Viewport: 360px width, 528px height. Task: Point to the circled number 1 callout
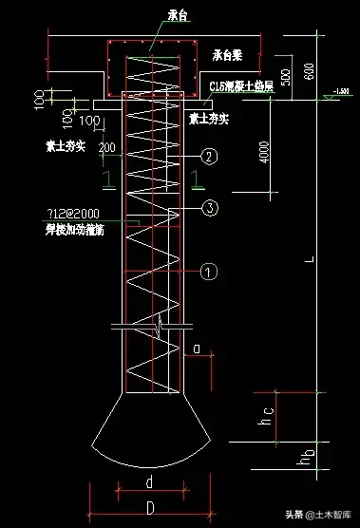click(x=212, y=272)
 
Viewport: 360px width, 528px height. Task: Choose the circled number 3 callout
click(x=212, y=207)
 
